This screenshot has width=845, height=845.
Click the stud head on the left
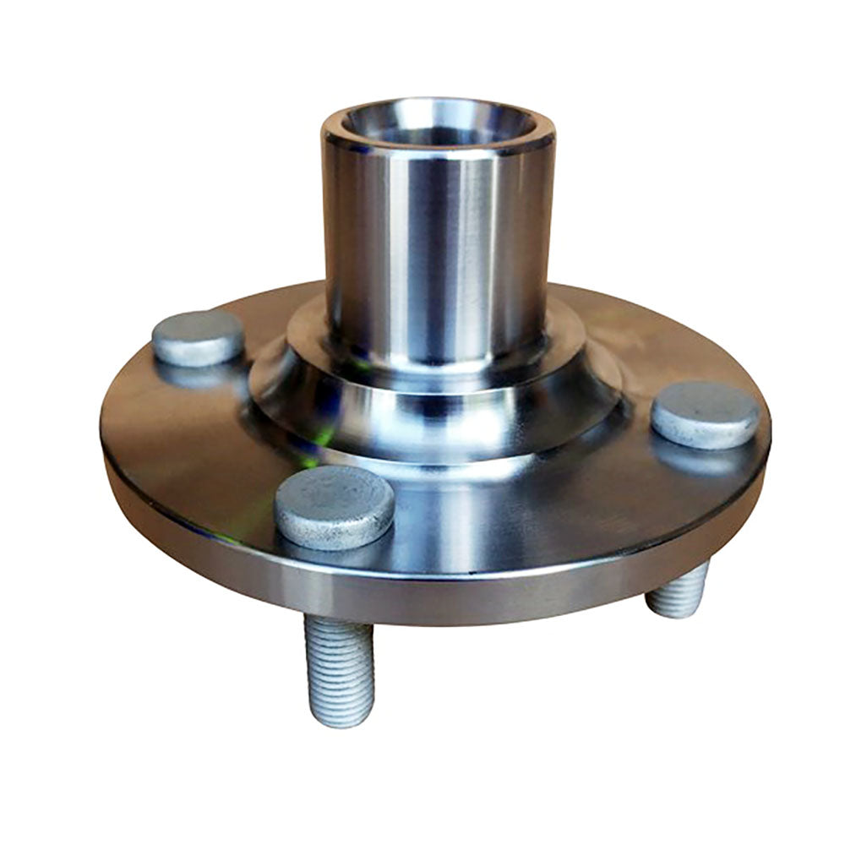[x=198, y=337]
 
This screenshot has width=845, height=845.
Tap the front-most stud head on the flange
[x=335, y=506]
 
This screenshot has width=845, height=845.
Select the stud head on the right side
[x=705, y=414]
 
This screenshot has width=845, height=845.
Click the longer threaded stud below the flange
[x=340, y=668]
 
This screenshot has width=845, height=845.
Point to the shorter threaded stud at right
[x=678, y=591]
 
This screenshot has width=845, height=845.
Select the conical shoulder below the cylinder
[x=439, y=414]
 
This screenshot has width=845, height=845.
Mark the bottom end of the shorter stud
[x=673, y=612]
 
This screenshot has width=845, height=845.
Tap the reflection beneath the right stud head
[x=701, y=456]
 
